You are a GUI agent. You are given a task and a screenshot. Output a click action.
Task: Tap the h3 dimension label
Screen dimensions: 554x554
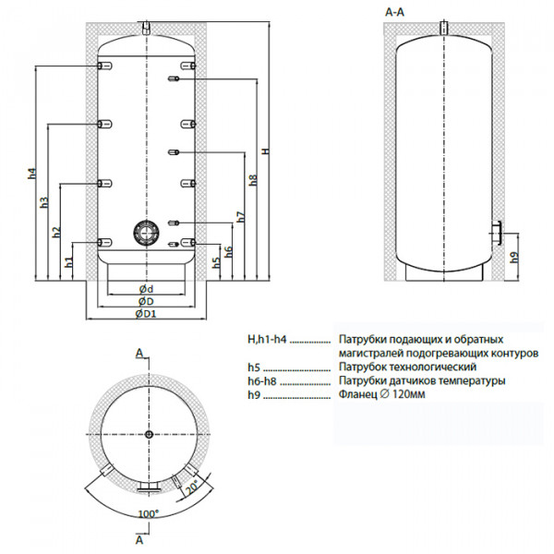(44, 204)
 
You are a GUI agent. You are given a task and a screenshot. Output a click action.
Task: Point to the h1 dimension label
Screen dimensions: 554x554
(69, 263)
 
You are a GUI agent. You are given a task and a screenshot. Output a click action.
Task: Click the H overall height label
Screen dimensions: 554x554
(265, 152)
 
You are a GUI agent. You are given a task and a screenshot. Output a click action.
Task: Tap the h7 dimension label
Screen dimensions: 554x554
(240, 218)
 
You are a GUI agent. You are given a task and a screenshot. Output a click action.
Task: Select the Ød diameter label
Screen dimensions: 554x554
(145, 290)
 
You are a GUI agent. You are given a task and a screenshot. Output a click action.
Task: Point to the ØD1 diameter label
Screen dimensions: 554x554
(145, 314)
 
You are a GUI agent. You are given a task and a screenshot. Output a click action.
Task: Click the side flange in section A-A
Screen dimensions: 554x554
(496, 233)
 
